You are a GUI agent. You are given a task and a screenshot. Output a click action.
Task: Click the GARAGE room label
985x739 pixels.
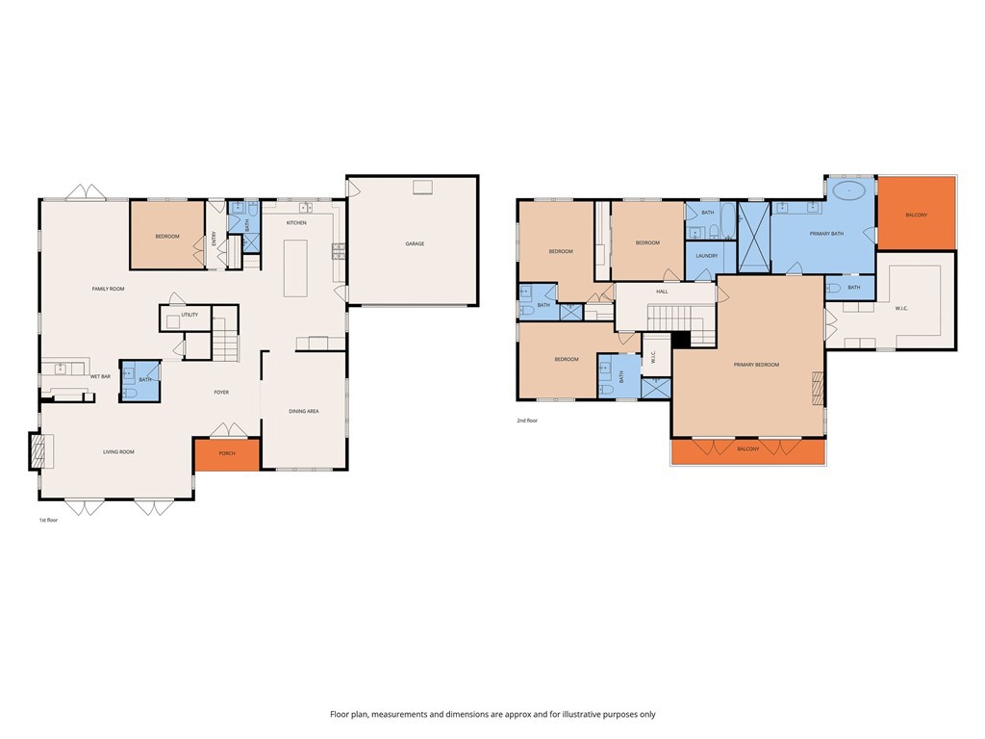point(415,243)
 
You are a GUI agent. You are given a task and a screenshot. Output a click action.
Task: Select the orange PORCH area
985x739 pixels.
point(227,454)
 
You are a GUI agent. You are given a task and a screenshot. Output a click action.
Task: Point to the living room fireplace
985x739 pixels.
point(38,451)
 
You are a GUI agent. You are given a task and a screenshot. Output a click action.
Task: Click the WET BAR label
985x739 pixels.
point(100,376)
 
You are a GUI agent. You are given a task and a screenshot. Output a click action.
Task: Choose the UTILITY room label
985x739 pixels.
point(189,315)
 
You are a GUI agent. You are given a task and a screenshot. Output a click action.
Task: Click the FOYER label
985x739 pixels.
point(221,392)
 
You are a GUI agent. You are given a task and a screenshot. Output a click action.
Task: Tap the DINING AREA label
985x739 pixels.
point(304,411)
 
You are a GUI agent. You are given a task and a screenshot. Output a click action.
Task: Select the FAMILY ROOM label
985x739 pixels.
point(108,289)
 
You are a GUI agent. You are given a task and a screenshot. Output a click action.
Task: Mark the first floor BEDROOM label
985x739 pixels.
point(167,236)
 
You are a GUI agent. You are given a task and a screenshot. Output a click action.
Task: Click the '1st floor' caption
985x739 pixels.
point(48,520)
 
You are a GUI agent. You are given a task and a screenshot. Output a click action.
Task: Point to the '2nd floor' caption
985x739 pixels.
point(527,420)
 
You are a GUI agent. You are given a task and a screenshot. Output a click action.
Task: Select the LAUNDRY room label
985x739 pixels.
point(707,255)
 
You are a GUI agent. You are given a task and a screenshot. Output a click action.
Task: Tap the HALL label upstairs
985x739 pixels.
point(662,291)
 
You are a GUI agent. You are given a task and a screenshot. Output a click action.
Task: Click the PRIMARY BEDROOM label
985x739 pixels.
point(756,365)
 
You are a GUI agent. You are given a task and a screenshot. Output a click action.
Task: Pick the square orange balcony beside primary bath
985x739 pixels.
point(917,214)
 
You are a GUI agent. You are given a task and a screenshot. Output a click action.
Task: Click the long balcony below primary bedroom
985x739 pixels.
point(748,450)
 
